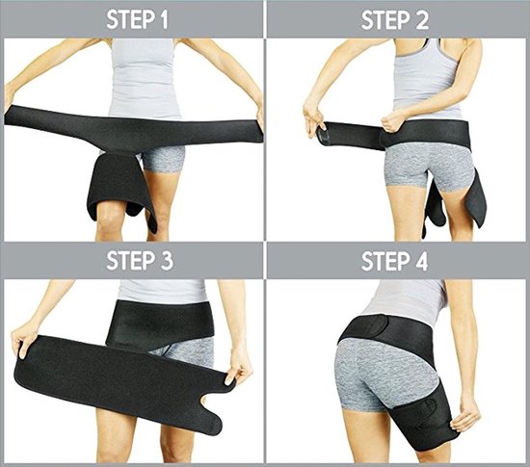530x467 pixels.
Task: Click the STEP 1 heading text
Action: click(x=131, y=19)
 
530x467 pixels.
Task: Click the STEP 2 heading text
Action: click(x=397, y=19)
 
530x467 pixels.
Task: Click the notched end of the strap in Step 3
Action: click(x=217, y=404)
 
